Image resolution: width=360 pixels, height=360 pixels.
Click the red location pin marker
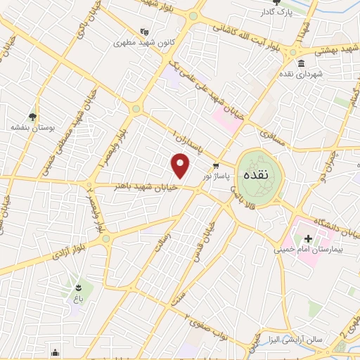point(181,167)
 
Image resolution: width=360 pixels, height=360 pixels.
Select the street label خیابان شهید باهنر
point(146,186)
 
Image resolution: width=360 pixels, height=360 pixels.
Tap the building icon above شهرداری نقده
point(301,64)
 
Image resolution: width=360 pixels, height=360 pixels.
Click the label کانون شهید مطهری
point(144,41)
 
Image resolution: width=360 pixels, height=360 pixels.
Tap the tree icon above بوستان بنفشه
point(32,117)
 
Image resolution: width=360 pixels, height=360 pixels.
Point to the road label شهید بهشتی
point(322,49)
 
